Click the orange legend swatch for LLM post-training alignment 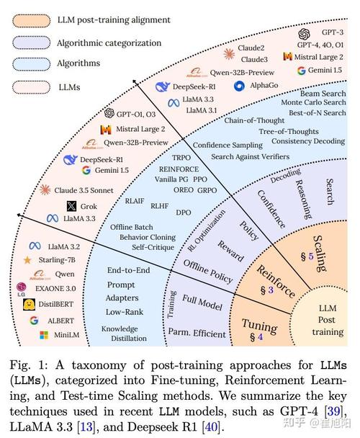coord(31,21)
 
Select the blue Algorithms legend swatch coord(31,64)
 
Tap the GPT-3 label coord(333,32)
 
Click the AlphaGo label coord(264,86)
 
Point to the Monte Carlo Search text coord(313,102)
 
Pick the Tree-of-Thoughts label coord(289,132)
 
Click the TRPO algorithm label coord(181,158)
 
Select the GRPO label coord(207,190)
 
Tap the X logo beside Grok coord(71,207)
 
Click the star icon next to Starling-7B coord(27,260)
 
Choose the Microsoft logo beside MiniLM coord(44,335)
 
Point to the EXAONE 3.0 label coord(55,289)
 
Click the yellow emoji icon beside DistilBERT coord(29,305)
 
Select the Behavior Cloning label coord(148,238)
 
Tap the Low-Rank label coord(125,312)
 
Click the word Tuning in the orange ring coord(260,326)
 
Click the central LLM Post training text coord(328,320)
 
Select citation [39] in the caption coord(335,411)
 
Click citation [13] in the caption coord(86,426)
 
